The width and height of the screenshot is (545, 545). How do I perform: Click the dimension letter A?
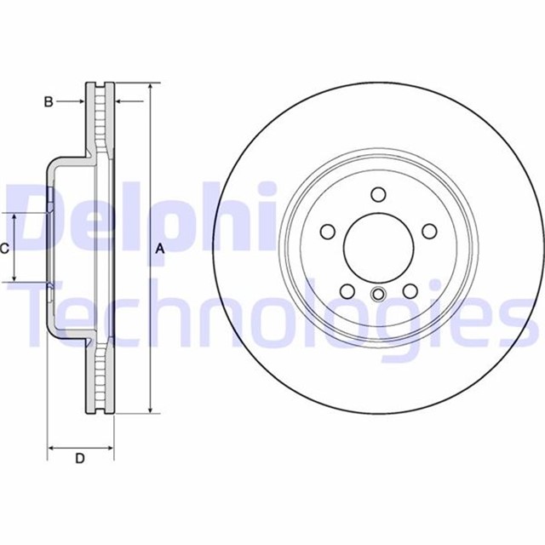click(x=159, y=249)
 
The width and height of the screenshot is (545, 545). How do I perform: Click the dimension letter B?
click(x=49, y=102)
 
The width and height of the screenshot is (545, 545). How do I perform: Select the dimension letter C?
click(x=4, y=249)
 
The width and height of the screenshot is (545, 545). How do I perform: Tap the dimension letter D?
click(x=80, y=459)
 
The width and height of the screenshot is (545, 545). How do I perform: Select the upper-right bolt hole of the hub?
click(x=429, y=231)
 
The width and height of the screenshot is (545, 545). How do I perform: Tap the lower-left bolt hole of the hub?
click(x=347, y=291)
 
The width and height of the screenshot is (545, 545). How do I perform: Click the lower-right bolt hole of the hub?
click(x=410, y=291)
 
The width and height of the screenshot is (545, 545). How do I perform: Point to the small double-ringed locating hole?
click(x=378, y=295)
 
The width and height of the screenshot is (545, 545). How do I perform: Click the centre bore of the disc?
click(x=378, y=248)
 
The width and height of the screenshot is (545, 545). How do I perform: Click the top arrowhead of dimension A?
click(x=150, y=89)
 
